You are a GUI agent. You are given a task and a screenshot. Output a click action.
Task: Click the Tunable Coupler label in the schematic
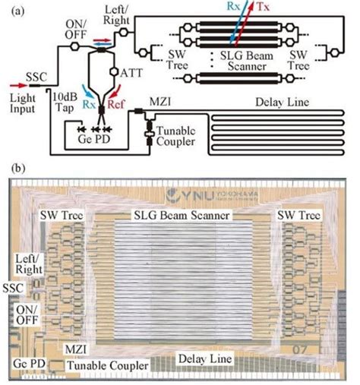tap(176, 132)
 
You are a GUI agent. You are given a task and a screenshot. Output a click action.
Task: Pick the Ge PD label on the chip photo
tap(28, 364)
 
